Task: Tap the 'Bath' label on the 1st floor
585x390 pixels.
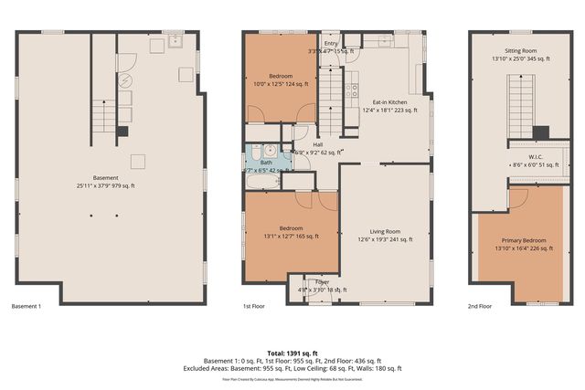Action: (x=266, y=162)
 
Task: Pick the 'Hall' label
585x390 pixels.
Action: (x=317, y=144)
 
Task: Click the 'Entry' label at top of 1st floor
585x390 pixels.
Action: (x=330, y=43)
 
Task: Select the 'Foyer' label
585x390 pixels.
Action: (x=322, y=281)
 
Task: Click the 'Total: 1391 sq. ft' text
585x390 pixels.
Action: (x=292, y=353)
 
